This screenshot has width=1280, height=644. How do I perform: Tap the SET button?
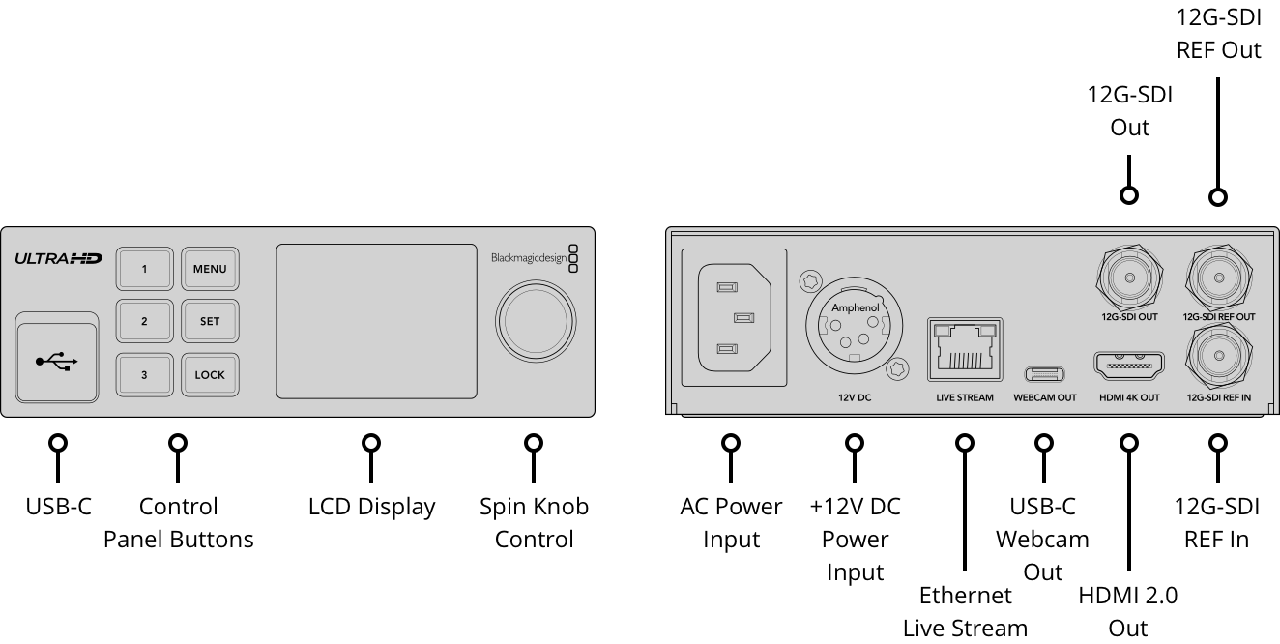(x=211, y=321)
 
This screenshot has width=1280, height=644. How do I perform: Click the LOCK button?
(x=211, y=375)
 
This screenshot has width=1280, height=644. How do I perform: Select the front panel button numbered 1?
(x=145, y=269)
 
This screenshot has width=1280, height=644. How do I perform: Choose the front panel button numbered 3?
(x=145, y=375)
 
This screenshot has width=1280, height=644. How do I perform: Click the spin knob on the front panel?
(x=536, y=321)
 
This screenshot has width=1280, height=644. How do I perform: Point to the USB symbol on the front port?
(x=57, y=361)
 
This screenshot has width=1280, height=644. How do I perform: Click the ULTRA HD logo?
(x=58, y=259)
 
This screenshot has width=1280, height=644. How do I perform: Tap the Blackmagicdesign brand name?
(x=529, y=258)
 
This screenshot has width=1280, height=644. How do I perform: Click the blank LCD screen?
(x=377, y=321)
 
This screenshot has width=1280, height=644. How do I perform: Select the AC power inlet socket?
(x=735, y=318)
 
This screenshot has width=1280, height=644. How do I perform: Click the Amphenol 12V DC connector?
(x=855, y=326)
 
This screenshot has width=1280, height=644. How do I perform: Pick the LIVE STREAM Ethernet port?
(x=965, y=350)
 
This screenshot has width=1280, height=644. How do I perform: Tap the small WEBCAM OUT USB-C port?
(x=1044, y=374)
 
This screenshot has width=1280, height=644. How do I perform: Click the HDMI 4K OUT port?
(x=1129, y=366)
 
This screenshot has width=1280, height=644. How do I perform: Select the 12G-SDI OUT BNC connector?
(x=1130, y=278)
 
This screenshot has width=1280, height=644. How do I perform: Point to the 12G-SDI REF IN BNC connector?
(x=1219, y=356)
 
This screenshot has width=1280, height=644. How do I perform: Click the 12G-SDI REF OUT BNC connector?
(x=1219, y=278)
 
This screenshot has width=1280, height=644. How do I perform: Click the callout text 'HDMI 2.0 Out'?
(x=1128, y=611)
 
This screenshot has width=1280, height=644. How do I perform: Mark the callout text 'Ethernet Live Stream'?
(x=965, y=611)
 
